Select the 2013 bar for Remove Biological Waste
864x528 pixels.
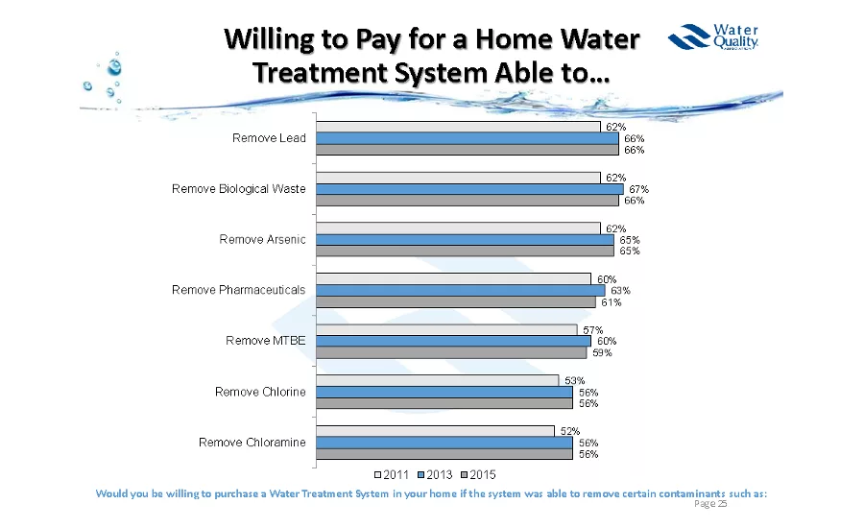(469, 189)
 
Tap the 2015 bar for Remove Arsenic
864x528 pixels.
(465, 252)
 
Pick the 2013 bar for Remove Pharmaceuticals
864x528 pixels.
(461, 290)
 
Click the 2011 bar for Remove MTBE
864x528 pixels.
(446, 329)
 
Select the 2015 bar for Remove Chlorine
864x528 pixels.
(444, 403)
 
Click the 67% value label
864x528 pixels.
(639, 189)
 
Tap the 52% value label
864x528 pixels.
(569, 431)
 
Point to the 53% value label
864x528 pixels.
(574, 380)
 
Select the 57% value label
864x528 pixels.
(592, 330)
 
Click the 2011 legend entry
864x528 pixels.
(395, 474)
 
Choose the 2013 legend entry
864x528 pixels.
(436, 474)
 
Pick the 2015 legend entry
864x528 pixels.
(477, 474)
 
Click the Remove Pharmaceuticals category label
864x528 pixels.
(238, 290)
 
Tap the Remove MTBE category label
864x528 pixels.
(265, 341)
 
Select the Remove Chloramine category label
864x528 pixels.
(252, 443)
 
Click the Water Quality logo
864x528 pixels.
(714, 38)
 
